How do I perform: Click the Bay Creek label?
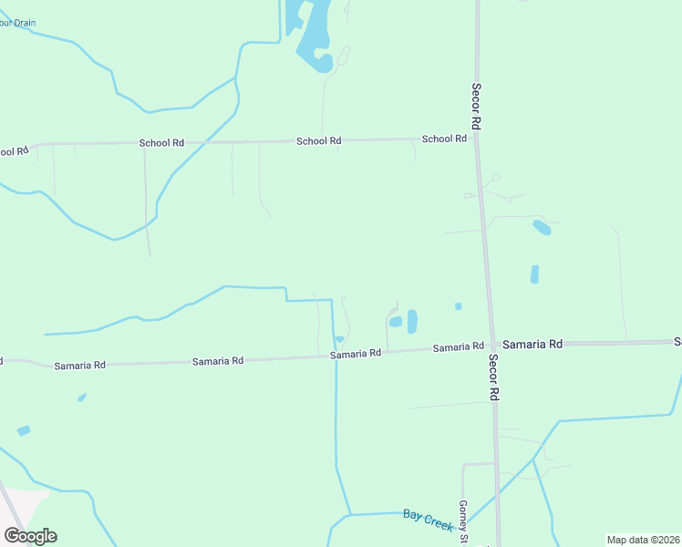(428, 519)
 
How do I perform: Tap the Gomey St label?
(463, 521)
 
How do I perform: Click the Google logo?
(30, 536)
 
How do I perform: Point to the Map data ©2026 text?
(644, 540)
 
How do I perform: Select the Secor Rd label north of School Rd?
(476, 105)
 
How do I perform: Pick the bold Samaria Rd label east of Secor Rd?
(532, 344)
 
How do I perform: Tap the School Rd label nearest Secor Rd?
(444, 139)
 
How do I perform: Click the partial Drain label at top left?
(16, 23)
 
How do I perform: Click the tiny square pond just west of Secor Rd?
(458, 306)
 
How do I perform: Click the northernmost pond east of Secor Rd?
(542, 227)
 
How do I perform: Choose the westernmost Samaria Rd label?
(79, 365)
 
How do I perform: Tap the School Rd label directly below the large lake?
(318, 141)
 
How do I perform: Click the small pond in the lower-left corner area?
(24, 430)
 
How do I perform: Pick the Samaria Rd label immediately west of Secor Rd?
(458, 347)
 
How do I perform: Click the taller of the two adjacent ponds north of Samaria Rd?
(412, 321)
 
